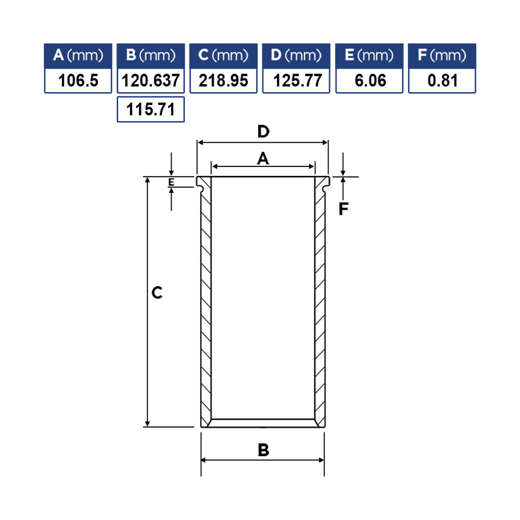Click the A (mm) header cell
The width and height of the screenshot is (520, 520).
click(78, 56)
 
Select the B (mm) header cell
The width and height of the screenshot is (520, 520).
click(151, 56)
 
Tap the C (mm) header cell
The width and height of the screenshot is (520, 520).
click(223, 56)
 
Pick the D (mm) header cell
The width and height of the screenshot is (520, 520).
click(296, 56)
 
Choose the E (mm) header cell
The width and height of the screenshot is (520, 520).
click(369, 56)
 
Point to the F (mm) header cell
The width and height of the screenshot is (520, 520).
click(442, 56)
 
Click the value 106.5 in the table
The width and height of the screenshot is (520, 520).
click(78, 80)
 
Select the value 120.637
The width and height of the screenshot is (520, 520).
click(150, 80)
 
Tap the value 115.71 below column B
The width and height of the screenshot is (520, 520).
click(150, 110)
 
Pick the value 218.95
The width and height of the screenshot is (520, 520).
click(224, 80)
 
